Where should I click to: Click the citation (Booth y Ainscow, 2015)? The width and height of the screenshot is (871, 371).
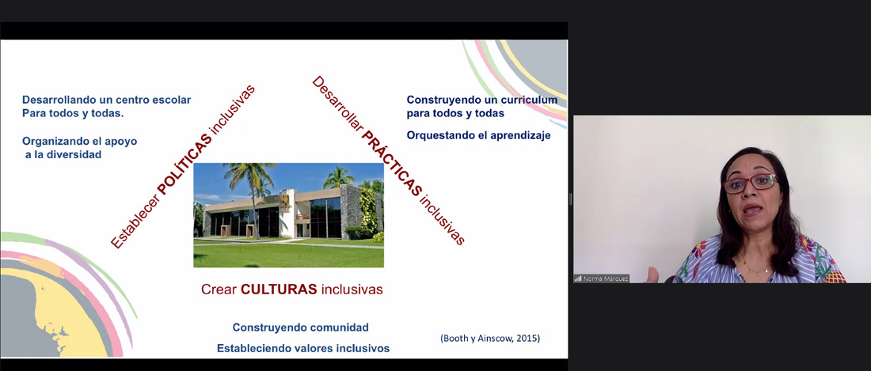[x=490, y=338]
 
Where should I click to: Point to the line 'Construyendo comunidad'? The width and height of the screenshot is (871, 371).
[x=301, y=327]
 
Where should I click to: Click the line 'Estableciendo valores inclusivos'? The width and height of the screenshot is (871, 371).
[x=303, y=348]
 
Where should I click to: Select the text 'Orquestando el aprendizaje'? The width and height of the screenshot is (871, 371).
[x=479, y=135]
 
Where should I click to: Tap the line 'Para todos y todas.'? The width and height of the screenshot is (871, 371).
[x=73, y=114]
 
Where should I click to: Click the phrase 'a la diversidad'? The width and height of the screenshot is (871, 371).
[x=63, y=155]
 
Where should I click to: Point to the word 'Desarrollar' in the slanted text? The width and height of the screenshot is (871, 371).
[x=338, y=104]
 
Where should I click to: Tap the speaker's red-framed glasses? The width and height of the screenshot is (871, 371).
[x=749, y=183]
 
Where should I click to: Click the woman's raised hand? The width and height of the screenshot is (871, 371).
[x=652, y=274]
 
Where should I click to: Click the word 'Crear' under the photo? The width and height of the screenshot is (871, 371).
[x=219, y=289]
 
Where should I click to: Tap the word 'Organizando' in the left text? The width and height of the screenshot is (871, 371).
[x=57, y=141]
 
